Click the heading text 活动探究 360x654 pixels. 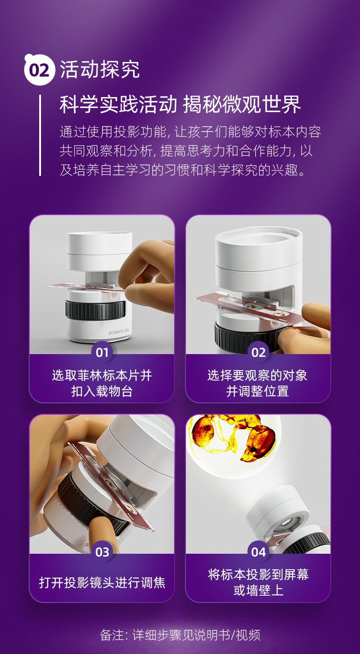[100, 70]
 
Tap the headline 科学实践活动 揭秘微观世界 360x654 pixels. [180, 104]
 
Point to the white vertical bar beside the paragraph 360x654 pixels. [40, 135]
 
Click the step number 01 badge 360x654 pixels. [102, 352]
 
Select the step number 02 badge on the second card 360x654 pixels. [258, 352]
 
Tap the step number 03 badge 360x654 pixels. [102, 552]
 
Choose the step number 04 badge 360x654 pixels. [258, 552]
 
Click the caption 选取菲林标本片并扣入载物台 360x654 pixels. [102, 383]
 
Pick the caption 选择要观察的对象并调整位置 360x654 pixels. [257, 383]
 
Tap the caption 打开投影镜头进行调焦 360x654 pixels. [102, 582]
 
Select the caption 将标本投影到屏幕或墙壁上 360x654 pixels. [258, 582]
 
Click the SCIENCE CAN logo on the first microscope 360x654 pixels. [118, 332]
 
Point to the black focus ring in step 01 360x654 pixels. [96, 309]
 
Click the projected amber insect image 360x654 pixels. [234, 438]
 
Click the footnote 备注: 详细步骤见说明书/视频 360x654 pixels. [180, 635]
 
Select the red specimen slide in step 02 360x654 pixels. [249, 308]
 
